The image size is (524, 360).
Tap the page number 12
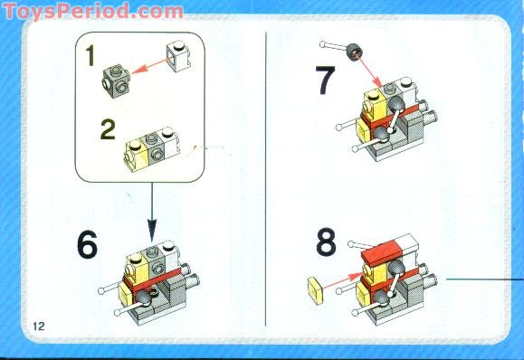(x=38, y=325)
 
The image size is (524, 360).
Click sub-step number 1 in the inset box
(x=91, y=56)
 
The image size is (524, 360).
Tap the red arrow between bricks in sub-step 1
(x=147, y=70)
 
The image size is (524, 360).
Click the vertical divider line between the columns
(x=264, y=181)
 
